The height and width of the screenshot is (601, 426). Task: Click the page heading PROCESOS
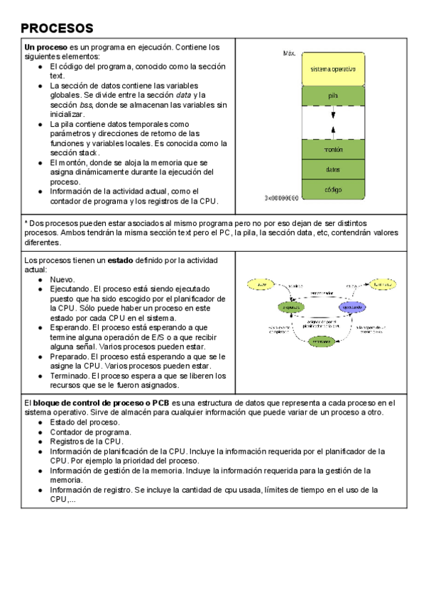(57, 28)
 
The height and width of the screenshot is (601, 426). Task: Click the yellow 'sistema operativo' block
(333, 69)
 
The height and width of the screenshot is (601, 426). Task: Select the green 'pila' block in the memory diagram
(333, 96)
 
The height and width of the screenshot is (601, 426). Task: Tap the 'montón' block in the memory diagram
(333, 150)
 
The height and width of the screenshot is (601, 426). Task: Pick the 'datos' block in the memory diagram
(333, 170)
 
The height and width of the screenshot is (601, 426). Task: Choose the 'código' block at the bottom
(333, 190)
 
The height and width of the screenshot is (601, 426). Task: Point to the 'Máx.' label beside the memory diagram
(289, 53)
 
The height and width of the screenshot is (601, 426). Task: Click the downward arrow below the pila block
(333, 113)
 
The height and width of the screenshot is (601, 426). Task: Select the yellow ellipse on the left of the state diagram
(261, 284)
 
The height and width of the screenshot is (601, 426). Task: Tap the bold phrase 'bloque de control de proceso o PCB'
(99, 403)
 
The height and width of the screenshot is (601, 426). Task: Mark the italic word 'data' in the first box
(183, 95)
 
